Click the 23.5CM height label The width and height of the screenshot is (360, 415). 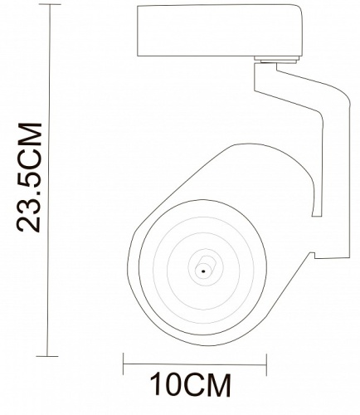pyautogui.click(x=31, y=178)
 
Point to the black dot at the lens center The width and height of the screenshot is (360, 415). pyautogui.click(x=202, y=271)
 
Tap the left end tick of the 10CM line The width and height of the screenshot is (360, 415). pyautogui.click(x=124, y=363)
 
